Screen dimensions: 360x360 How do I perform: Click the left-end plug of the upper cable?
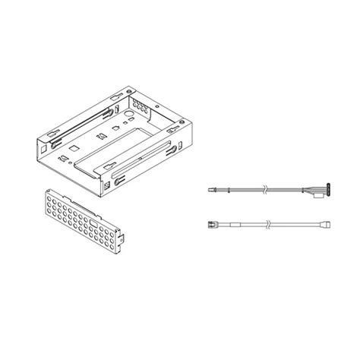[212, 188]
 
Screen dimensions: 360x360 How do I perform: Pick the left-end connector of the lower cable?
[213, 224]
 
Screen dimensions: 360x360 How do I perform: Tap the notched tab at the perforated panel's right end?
[122, 245]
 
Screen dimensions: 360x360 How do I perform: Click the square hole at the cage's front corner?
[116, 183]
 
